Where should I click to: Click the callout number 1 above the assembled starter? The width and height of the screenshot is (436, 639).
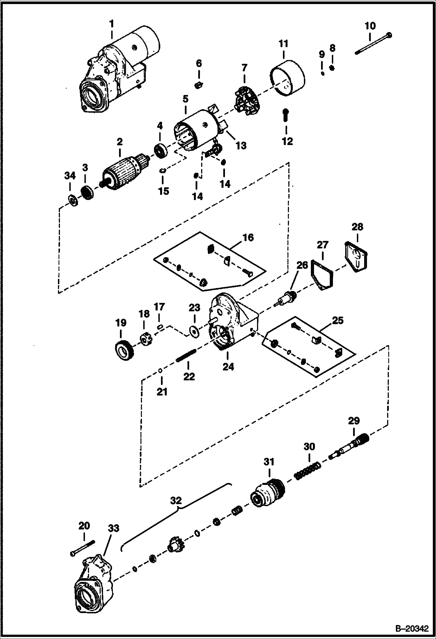(x=112, y=24)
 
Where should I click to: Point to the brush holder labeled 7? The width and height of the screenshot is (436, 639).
(x=246, y=100)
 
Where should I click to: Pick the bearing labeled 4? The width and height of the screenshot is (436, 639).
(x=160, y=150)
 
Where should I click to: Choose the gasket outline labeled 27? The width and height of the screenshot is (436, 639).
(x=322, y=276)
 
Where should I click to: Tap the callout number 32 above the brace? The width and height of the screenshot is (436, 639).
(x=176, y=500)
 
